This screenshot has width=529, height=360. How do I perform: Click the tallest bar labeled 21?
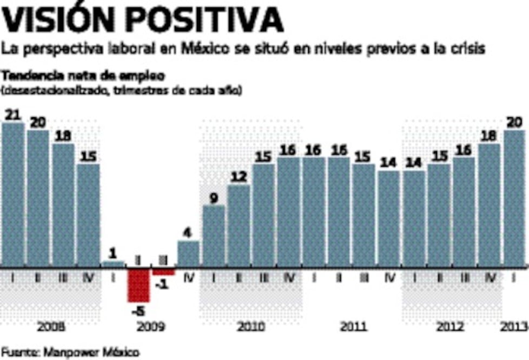(13, 195)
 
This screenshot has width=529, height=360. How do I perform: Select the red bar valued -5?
(138, 285)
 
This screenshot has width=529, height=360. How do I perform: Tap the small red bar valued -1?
(163, 271)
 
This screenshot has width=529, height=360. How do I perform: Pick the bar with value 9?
(213, 236)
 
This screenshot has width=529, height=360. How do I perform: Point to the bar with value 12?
(239, 226)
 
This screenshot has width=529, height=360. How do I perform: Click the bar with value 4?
(188, 254)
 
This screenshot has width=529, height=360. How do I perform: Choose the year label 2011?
(353, 327)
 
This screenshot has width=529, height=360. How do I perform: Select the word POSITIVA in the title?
(208, 20)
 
